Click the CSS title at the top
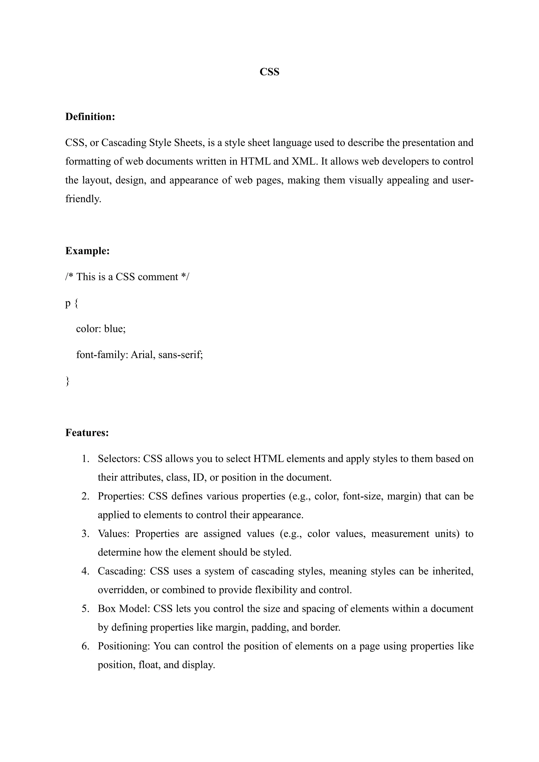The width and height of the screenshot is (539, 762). click(269, 72)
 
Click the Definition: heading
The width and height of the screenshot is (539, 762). click(90, 117)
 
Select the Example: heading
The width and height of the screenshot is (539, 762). click(87, 251)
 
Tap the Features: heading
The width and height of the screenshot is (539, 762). click(87, 433)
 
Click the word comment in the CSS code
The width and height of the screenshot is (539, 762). click(158, 277)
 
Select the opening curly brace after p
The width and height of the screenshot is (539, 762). click(76, 303)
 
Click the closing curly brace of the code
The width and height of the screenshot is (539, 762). click(67, 381)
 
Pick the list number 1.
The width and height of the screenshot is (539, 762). click(85, 459)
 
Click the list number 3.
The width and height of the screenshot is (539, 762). click(85, 534)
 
